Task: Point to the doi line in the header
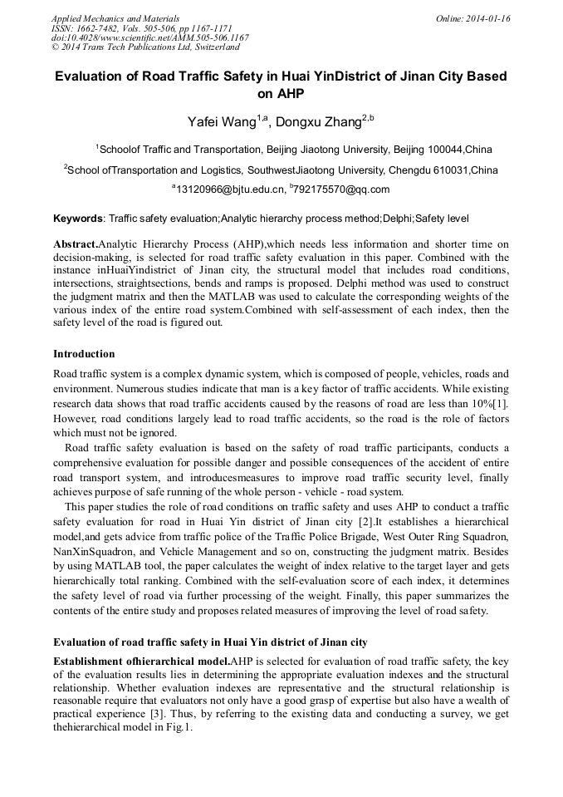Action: coord(149,37)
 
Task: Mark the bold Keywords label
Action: coord(78,219)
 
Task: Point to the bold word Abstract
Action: coord(76,245)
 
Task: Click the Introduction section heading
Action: coord(85,354)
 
